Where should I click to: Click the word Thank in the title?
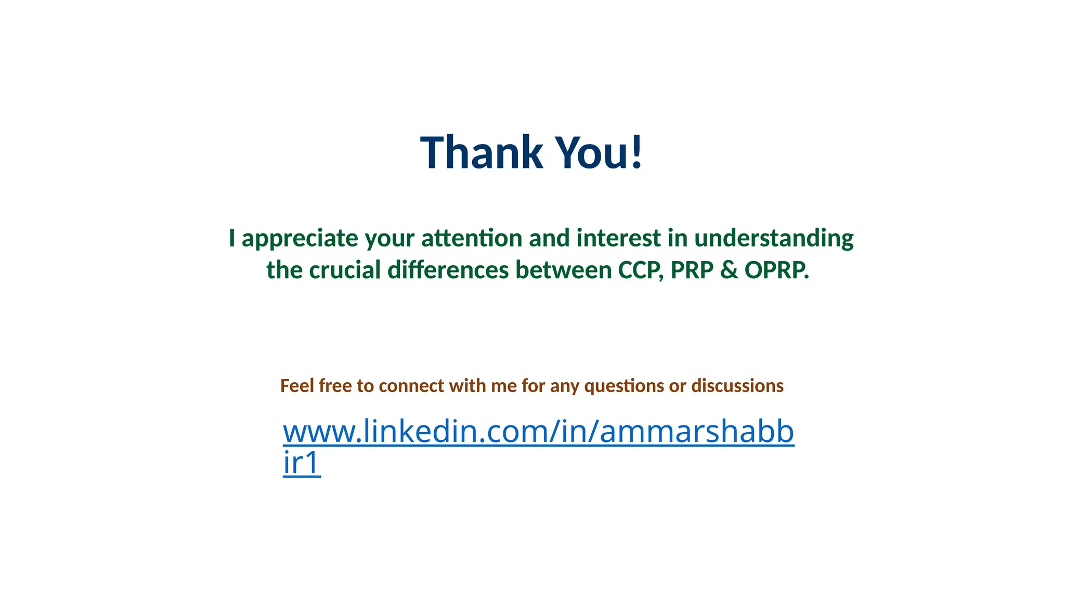pyautogui.click(x=481, y=152)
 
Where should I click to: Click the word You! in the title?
pyautogui.click(x=600, y=152)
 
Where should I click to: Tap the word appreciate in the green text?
pyautogui.click(x=300, y=239)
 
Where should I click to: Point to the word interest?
pyautogui.click(x=618, y=238)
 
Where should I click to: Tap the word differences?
pyautogui.click(x=448, y=270)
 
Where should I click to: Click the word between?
pyautogui.click(x=563, y=270)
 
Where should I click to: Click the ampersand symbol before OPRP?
pyautogui.click(x=729, y=270)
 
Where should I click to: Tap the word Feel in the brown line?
pyautogui.click(x=297, y=386)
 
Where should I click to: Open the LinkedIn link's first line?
pyautogui.click(x=538, y=432)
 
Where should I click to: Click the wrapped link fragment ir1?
pyautogui.click(x=302, y=463)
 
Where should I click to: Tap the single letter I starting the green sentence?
pyautogui.click(x=232, y=238)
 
